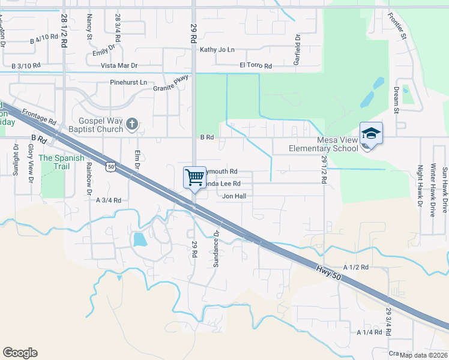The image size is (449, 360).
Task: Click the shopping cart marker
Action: (x=194, y=177)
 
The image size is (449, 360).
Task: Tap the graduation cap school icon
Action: (x=371, y=133)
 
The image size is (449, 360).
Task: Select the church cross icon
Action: (x=133, y=125)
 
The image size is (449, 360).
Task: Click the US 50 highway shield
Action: (x=109, y=166)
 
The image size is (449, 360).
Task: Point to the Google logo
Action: (x=20, y=353)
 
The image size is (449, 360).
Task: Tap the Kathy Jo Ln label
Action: (x=217, y=50)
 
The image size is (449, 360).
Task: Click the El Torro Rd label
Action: (x=256, y=65)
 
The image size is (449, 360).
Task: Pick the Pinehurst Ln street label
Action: (x=128, y=82)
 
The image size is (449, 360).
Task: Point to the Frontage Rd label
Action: (x=38, y=116)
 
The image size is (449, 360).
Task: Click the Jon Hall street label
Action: (x=234, y=196)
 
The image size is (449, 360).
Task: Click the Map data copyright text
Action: (x=423, y=355)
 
